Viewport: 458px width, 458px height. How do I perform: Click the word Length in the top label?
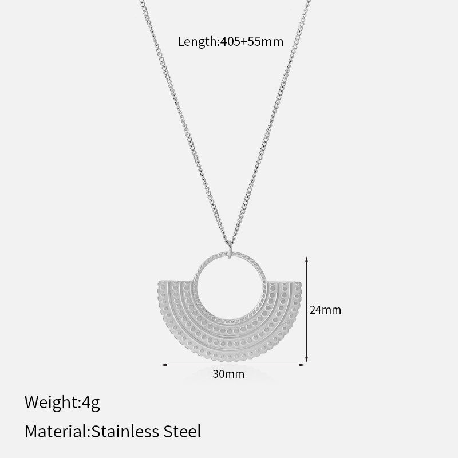(196, 42)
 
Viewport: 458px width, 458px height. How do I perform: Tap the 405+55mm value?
(251, 41)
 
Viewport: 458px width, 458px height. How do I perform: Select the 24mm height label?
(325, 310)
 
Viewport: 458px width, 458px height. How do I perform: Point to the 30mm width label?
(228, 374)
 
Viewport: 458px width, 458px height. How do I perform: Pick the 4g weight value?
(91, 403)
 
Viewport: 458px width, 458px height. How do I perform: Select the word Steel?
(182, 431)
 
